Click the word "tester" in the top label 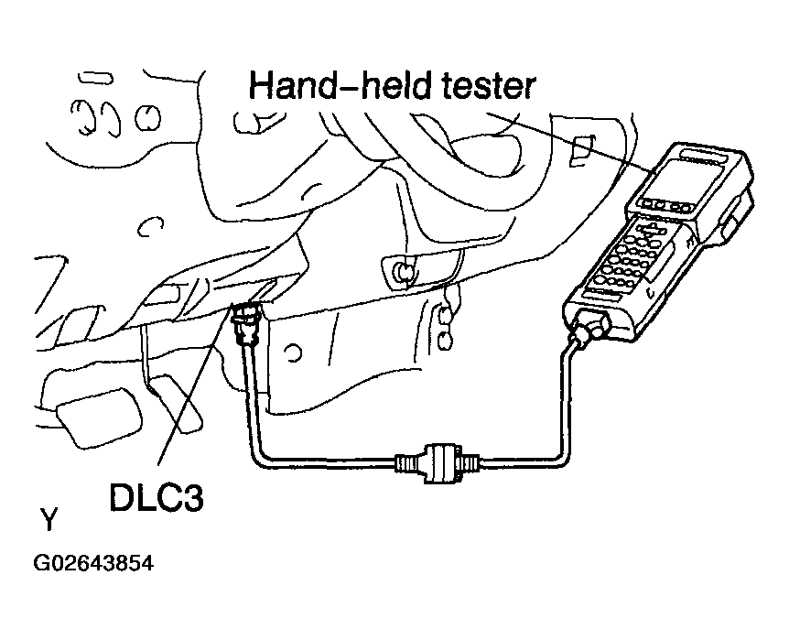488,86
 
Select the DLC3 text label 157,497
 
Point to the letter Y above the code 49,519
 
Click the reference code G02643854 93,563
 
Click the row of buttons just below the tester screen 665,205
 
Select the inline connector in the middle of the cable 436,462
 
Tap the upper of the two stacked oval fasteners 445,316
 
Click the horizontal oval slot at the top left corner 95,78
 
